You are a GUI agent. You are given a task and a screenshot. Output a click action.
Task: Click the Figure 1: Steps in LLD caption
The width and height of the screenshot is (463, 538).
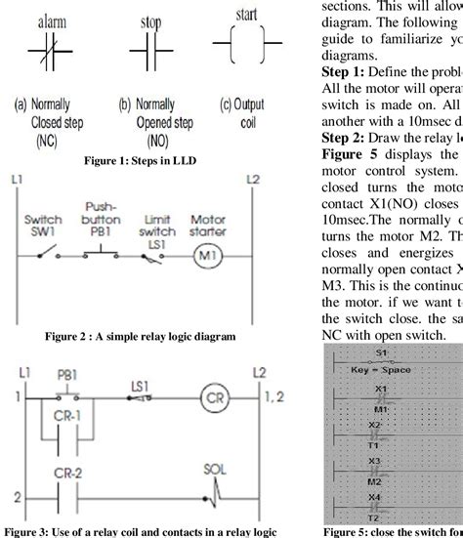tap(142, 160)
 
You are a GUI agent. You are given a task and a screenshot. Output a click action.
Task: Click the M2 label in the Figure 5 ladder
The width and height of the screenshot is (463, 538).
tap(377, 481)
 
